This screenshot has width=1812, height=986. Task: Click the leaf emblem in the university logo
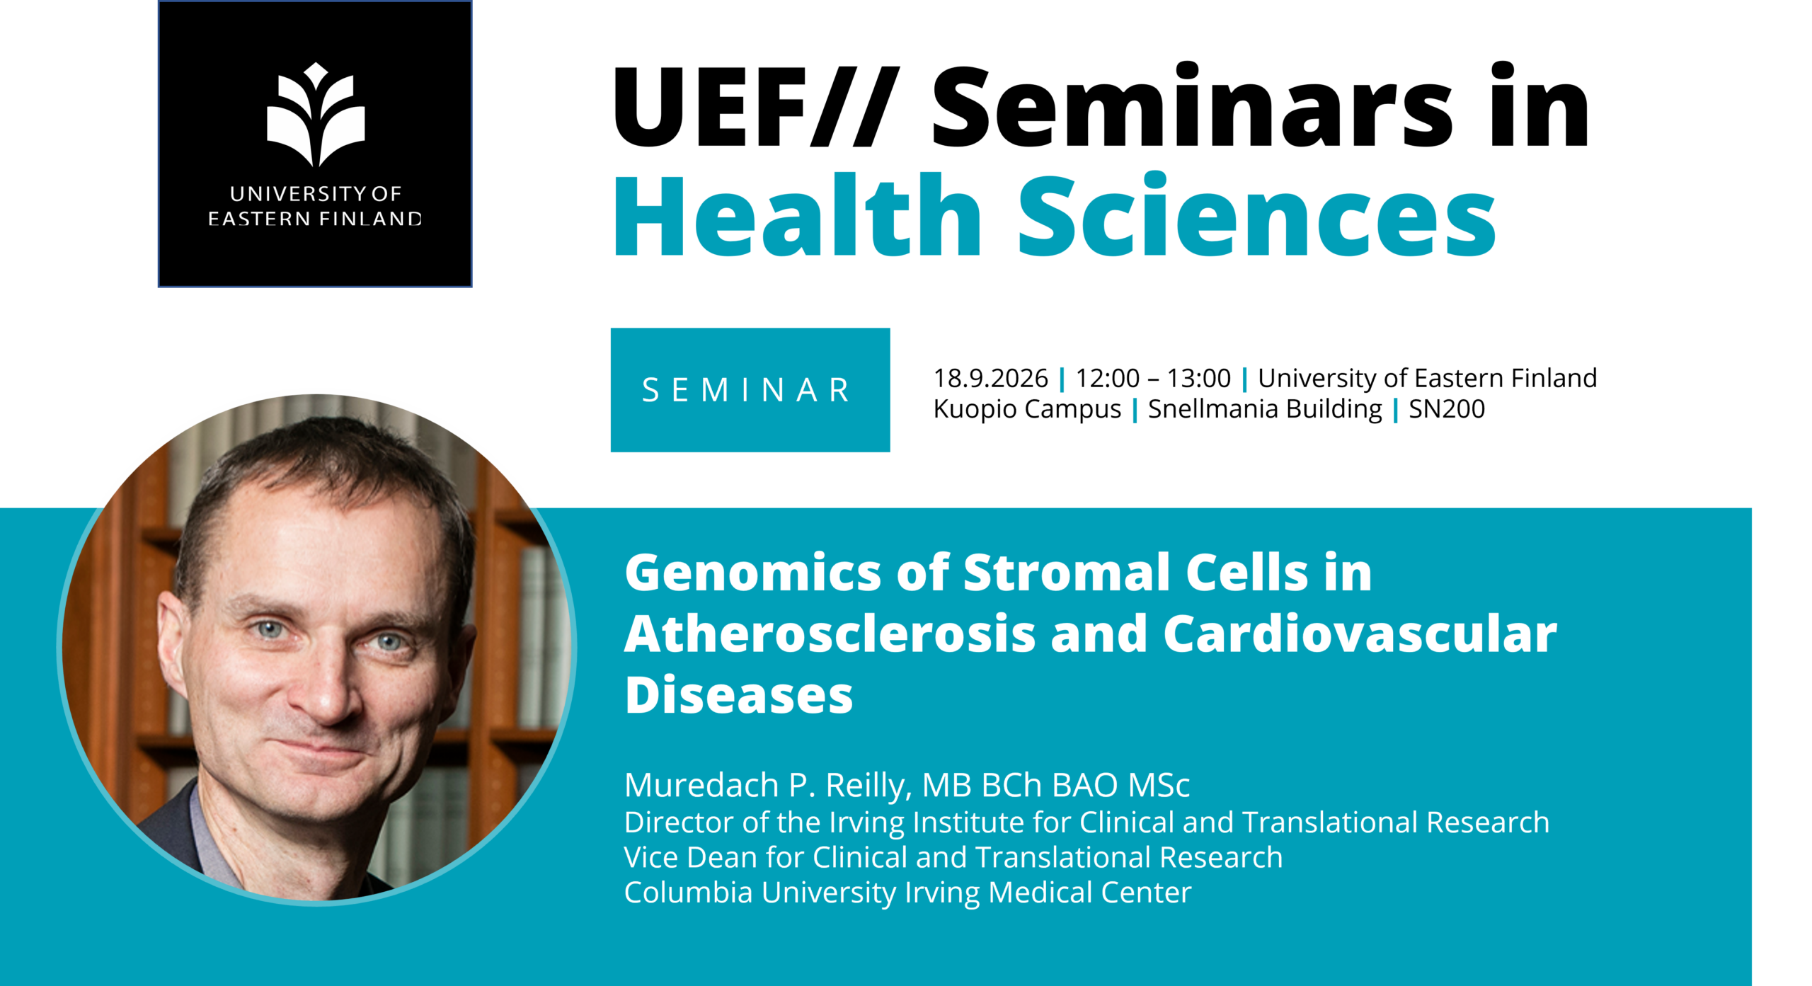coord(316,115)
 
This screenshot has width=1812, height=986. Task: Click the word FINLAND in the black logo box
coord(370,219)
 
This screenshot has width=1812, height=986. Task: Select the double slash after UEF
coord(855,107)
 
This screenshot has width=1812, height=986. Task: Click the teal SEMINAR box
coord(750,389)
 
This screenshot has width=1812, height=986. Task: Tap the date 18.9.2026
coord(990,378)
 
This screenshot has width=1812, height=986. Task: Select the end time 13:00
coord(1199,378)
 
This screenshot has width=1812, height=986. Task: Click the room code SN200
coord(1447,408)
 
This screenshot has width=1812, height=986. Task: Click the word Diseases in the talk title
coord(739,695)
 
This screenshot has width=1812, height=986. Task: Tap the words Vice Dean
coord(691,857)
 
